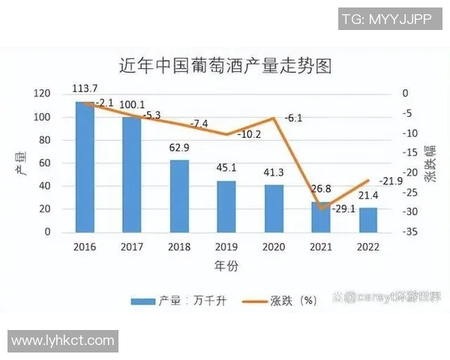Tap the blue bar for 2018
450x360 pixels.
point(179,196)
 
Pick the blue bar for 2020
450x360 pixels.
point(274,208)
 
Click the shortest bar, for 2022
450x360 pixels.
point(367,220)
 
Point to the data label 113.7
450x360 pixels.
point(85,88)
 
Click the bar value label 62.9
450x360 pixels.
point(180,148)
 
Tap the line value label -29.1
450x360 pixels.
point(343,210)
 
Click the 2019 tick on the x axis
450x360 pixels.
point(226,246)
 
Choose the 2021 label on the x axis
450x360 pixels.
point(321,246)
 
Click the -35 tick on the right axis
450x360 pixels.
point(409,232)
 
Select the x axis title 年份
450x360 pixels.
point(226,265)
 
